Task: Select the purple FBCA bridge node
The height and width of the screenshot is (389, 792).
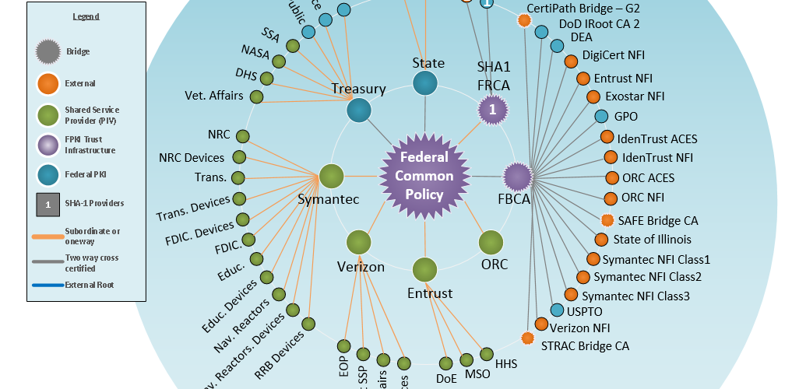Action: tap(516, 176)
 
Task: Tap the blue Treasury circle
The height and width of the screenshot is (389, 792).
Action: tap(358, 110)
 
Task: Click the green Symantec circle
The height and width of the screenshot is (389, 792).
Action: tap(332, 176)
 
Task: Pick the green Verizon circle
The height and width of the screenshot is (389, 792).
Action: tap(359, 242)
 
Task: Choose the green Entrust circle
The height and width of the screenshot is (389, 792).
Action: tap(424, 270)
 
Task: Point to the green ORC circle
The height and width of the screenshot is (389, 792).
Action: tap(491, 242)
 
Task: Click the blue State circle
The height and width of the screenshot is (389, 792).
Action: tap(425, 84)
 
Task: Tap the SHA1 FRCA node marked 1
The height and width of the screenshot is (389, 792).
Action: tap(491, 110)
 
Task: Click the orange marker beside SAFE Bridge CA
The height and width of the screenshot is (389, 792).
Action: tap(607, 220)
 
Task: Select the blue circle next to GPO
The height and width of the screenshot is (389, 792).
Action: tap(601, 117)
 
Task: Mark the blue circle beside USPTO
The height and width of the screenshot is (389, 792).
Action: tap(557, 310)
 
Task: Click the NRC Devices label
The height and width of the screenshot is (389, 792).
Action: tap(192, 158)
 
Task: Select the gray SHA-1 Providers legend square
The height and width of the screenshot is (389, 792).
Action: tap(48, 204)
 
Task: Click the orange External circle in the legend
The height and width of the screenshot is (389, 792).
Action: tap(48, 84)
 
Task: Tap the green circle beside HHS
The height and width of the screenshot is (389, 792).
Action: tap(487, 355)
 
